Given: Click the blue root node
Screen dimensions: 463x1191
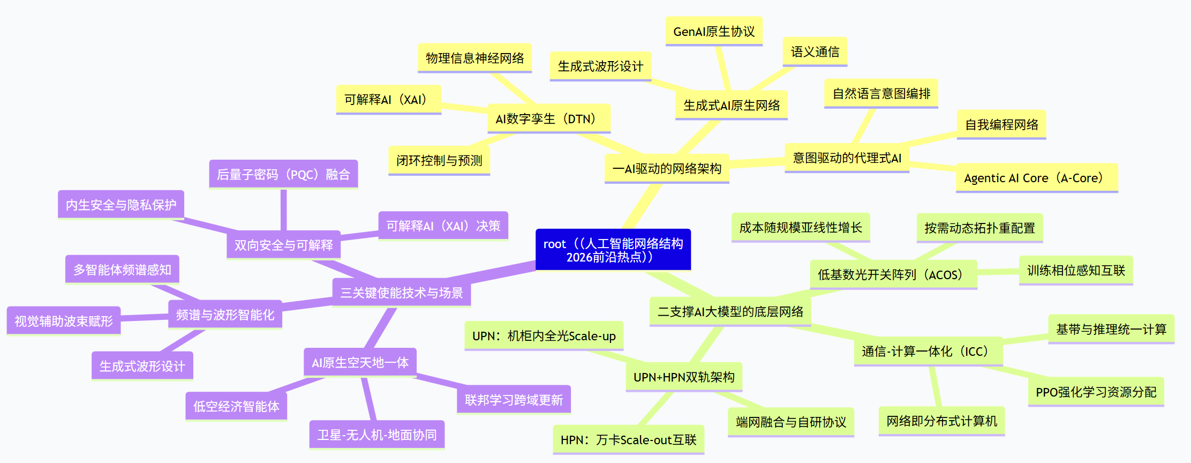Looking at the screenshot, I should [613, 250].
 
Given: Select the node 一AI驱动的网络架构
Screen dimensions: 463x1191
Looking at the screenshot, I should [667, 169].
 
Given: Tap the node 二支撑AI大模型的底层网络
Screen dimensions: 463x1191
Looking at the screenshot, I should [730, 312].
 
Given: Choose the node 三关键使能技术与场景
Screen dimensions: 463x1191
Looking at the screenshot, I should [402, 293].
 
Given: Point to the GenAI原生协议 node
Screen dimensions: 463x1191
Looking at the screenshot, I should [714, 32].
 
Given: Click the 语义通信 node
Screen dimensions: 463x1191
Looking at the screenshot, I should [815, 52].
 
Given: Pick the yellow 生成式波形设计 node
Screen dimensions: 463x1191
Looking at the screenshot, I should [600, 66].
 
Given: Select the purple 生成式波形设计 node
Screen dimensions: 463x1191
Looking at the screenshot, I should [142, 367].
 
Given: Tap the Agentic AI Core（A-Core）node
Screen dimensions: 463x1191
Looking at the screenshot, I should [1037, 178].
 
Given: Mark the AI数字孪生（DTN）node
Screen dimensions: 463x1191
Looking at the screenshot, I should [549, 119].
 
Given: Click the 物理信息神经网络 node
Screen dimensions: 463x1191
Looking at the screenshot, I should [474, 58].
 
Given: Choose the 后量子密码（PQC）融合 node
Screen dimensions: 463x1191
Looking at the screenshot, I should [283, 175].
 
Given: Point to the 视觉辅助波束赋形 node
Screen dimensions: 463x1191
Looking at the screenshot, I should [64, 322].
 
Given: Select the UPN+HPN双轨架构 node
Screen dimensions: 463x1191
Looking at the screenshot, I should [684, 377].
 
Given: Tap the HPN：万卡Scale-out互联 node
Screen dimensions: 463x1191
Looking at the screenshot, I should [628, 440].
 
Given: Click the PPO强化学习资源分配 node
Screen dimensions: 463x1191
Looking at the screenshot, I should [1096, 392].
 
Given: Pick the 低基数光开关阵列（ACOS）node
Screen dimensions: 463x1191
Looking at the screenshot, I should [893, 275].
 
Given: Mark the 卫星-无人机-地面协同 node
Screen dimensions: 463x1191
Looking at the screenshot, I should [377, 435].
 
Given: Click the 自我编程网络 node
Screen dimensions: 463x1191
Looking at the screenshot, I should [1001, 125].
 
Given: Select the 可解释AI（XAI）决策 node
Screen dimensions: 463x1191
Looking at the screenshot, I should [443, 226].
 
